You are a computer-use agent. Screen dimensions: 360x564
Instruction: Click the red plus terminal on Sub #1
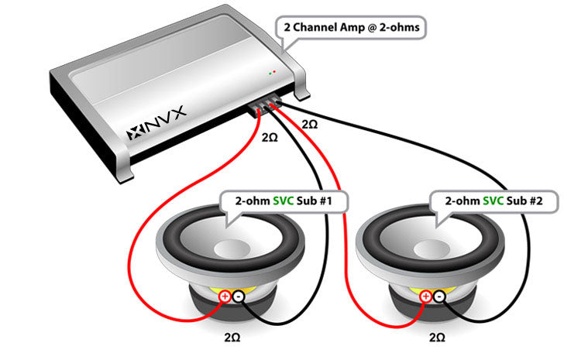(225, 296)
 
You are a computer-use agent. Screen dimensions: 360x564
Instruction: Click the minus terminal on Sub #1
(239, 296)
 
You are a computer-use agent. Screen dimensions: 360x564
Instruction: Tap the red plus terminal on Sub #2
(425, 296)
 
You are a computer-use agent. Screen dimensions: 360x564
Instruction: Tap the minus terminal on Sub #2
(438, 296)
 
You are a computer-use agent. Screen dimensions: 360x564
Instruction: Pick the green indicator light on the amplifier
(270, 73)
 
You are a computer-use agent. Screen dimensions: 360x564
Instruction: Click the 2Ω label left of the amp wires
(270, 137)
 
